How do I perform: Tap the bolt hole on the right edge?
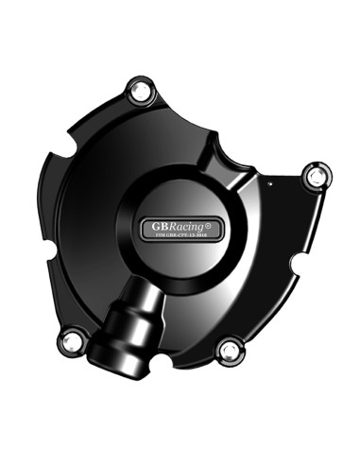[x=316, y=175]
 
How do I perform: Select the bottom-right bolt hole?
[x=228, y=351]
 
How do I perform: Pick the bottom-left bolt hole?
[x=69, y=341]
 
